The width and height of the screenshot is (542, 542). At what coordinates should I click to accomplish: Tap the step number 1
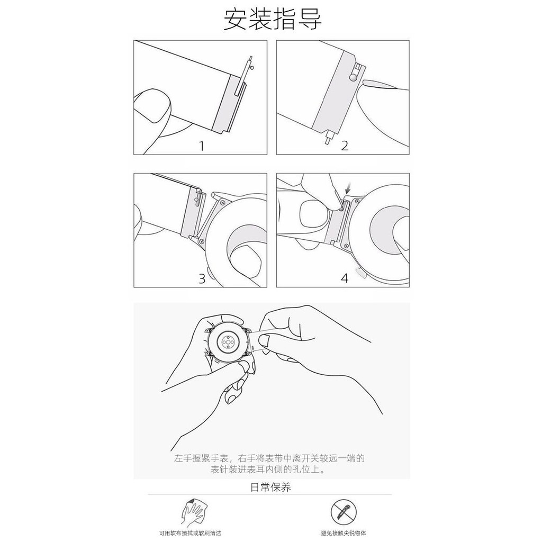202,146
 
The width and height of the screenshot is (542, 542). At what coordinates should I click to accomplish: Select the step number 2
344,146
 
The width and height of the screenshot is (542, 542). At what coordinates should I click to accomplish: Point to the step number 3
202,278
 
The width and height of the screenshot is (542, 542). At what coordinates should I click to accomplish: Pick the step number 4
345,278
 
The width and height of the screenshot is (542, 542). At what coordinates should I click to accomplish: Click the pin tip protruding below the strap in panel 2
327,142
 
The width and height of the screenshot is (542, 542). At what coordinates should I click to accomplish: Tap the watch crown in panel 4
360,273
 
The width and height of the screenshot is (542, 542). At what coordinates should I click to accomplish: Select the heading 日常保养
270,487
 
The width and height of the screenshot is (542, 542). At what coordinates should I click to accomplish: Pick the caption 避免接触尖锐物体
343,534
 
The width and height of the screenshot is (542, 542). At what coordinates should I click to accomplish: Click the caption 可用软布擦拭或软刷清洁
190,534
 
